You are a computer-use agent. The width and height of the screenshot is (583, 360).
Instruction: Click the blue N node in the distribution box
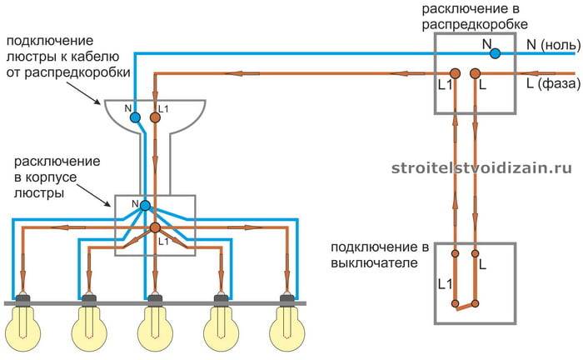click(495, 53)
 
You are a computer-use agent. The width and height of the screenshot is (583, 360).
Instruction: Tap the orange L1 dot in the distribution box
click(456, 73)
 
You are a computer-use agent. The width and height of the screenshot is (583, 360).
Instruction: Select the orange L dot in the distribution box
click(475, 73)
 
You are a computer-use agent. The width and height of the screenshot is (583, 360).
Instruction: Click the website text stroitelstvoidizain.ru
click(482, 167)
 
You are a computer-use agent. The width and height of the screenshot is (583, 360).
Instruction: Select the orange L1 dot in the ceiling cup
click(155, 117)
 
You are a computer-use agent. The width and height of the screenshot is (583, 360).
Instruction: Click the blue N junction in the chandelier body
click(145, 205)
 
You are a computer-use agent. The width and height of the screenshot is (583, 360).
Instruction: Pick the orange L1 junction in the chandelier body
click(155, 227)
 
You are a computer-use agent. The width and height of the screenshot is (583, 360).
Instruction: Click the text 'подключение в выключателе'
click(379, 255)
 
